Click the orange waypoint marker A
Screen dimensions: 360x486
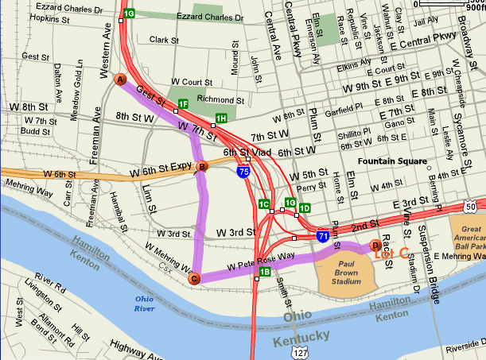click(121, 79)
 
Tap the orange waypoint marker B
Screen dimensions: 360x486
click(202, 167)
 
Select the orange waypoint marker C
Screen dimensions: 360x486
click(193, 278)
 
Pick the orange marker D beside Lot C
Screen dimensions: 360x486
click(376, 246)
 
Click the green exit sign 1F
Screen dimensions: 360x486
click(183, 104)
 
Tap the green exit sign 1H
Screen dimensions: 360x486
click(221, 119)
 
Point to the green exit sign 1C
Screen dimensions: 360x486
click(264, 204)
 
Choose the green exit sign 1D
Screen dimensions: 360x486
click(304, 208)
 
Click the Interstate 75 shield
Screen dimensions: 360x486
click(242, 169)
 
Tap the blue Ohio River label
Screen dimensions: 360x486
click(144, 303)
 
